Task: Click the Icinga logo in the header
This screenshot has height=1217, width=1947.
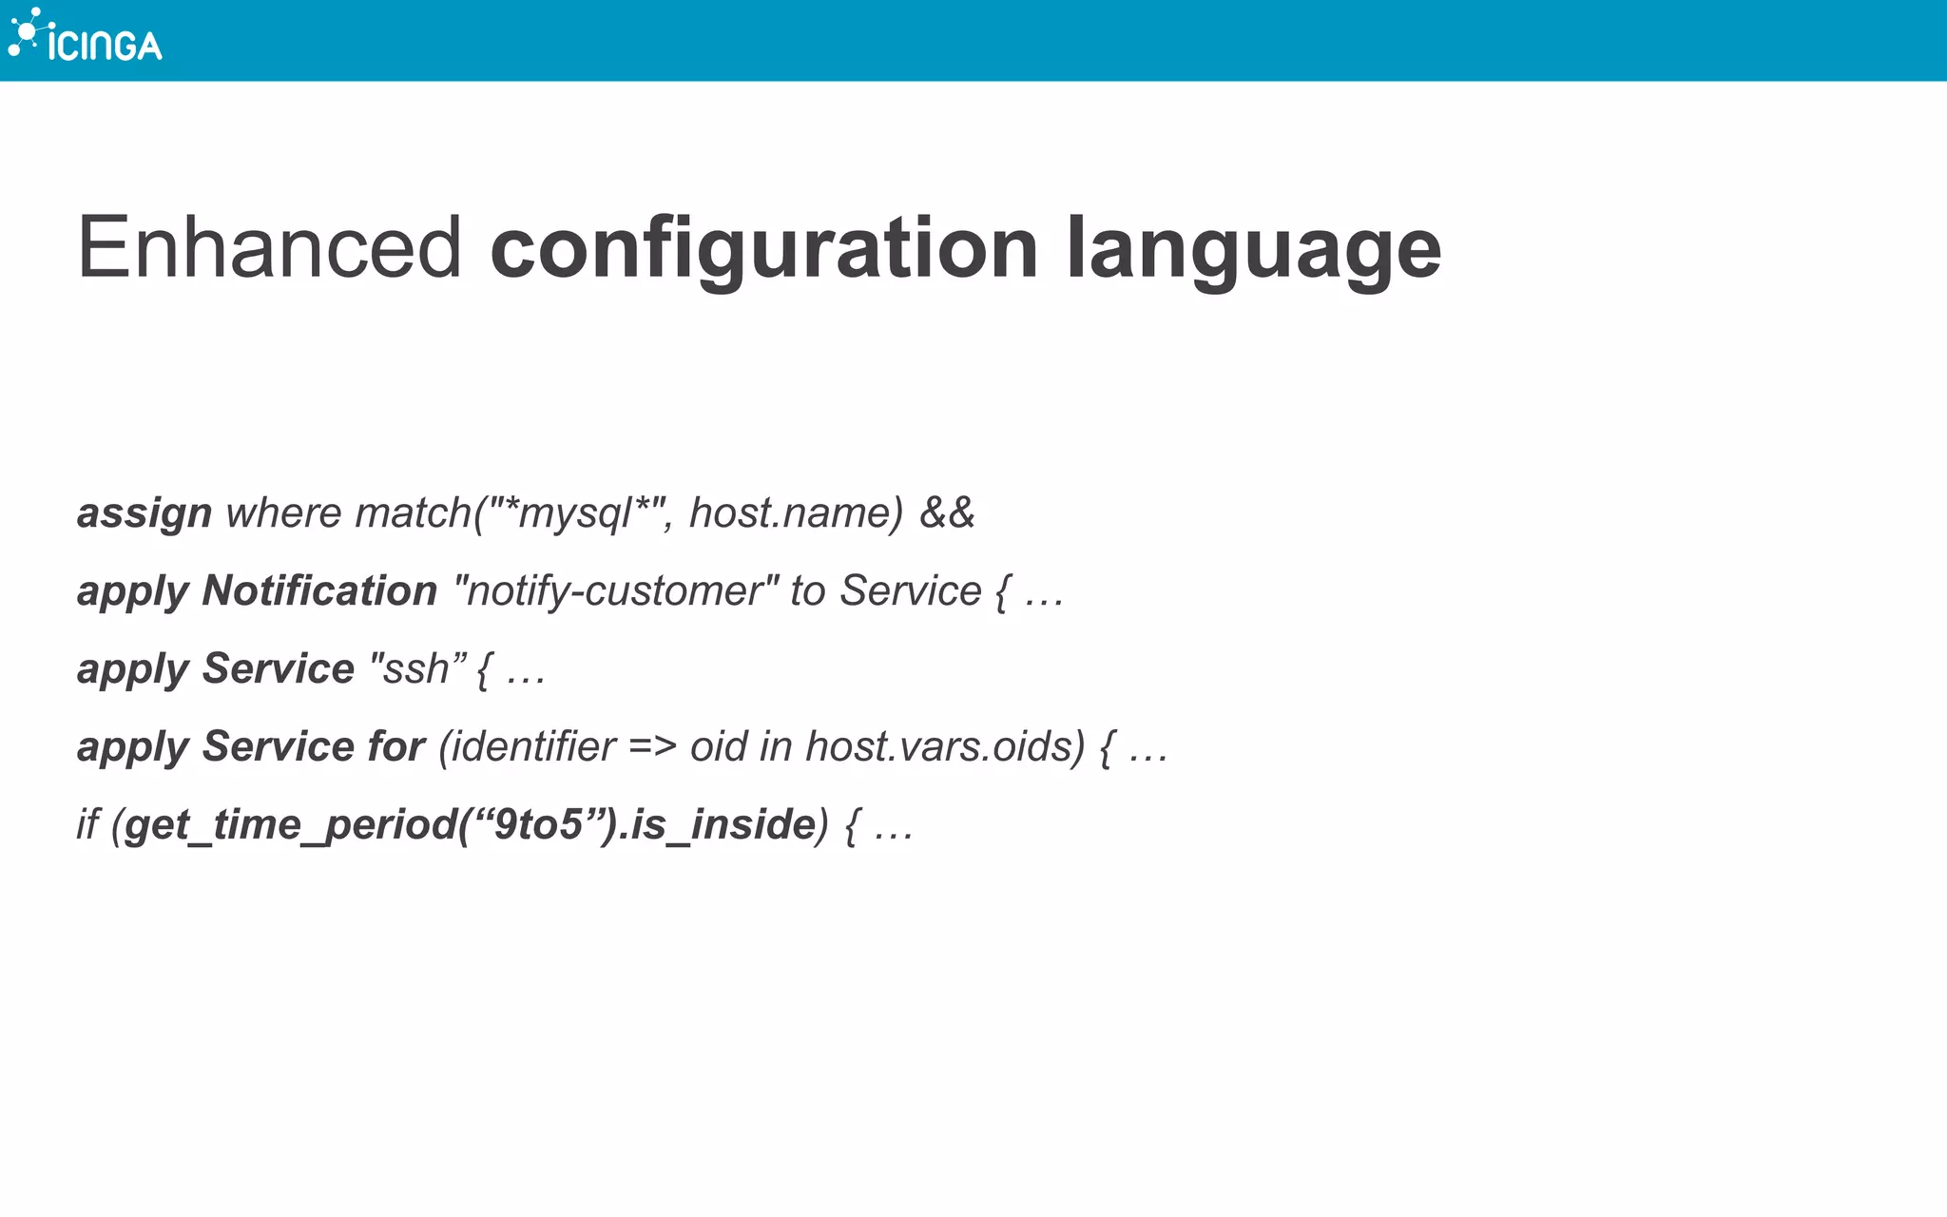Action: click(86, 38)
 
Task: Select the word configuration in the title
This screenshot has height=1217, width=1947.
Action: click(763, 249)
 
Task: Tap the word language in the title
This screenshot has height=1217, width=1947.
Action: click(1253, 249)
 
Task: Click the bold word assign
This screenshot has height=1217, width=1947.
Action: click(145, 513)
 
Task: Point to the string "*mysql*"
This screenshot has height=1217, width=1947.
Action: click(575, 513)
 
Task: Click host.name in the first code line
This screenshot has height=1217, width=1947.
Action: click(795, 513)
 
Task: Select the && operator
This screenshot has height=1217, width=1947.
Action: click(947, 513)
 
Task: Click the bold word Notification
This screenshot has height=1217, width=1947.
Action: click(319, 591)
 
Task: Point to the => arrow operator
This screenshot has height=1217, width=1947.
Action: click(652, 747)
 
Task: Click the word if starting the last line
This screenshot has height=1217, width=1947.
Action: click(87, 824)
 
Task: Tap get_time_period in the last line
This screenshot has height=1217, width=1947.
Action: click(290, 825)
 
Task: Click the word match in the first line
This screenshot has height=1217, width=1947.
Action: click(413, 513)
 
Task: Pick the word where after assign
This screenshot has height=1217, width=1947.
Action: click(283, 513)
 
